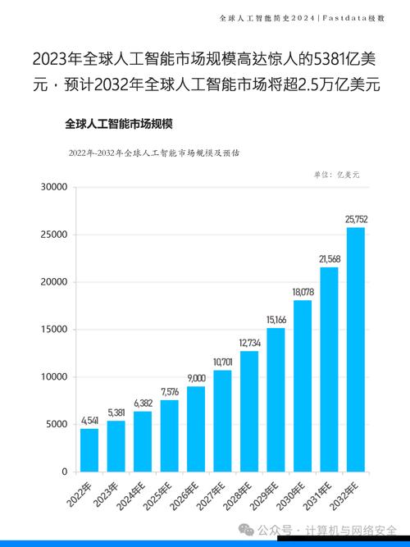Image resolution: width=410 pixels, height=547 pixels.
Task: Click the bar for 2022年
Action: click(89, 450)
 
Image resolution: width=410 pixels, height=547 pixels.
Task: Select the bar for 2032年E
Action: click(356, 349)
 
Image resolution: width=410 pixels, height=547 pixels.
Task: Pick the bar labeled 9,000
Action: click(196, 429)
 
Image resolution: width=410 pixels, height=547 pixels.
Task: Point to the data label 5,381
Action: click(116, 413)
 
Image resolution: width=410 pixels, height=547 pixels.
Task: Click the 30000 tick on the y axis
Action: click(52, 187)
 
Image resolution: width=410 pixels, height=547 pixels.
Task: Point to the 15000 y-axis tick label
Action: click(52, 330)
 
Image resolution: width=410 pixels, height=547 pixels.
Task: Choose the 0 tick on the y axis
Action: click(62, 472)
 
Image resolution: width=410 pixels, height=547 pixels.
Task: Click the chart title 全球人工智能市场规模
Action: click(123, 124)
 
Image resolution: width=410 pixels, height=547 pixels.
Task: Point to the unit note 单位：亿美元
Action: click(336, 175)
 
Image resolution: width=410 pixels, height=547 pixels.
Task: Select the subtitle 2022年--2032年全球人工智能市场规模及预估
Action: click(148, 153)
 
